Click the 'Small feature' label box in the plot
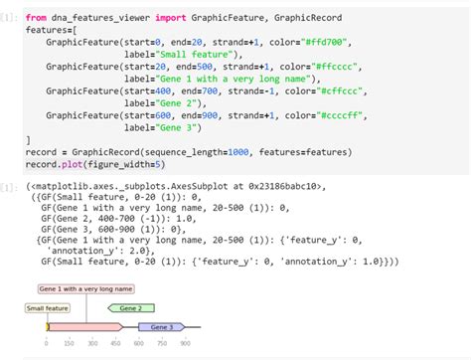pos(47,308)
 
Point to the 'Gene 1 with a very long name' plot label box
pos(85,288)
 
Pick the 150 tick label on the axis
pos(69,344)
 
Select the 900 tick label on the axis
pos(185,344)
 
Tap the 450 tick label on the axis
pos(115,344)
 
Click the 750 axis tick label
pos(162,344)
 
